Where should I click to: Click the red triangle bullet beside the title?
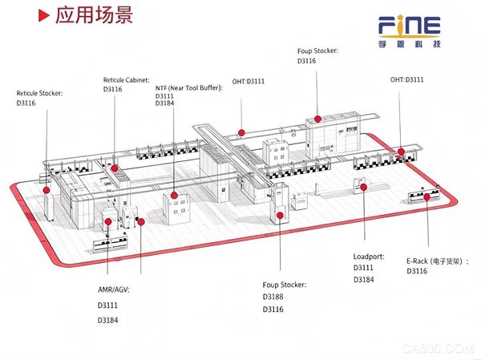pyautogui.click(x=43, y=15)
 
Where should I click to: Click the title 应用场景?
pyautogui.click(x=94, y=14)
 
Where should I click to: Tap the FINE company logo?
pyautogui.click(x=409, y=31)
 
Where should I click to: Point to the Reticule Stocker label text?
pyautogui.click(x=39, y=93)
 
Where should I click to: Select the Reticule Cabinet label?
pyautogui.click(x=127, y=80)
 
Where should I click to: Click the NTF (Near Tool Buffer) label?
pyautogui.click(x=189, y=88)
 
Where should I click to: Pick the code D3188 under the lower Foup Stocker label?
pyautogui.click(x=273, y=297)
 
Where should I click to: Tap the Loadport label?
pyautogui.click(x=369, y=257)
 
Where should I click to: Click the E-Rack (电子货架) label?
pyautogui.click(x=438, y=261)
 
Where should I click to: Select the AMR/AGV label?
pyautogui.click(x=114, y=289)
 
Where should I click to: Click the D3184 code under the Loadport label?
pyautogui.click(x=364, y=280)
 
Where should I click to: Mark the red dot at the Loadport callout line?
pyautogui.click(x=363, y=187)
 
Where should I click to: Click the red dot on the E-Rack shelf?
pyautogui.click(x=426, y=197)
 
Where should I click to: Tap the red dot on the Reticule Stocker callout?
pyautogui.click(x=46, y=190)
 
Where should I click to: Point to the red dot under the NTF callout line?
pyautogui.click(x=174, y=195)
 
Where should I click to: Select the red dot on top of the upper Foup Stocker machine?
pyautogui.click(x=317, y=119)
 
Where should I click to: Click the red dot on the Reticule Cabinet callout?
pyautogui.click(x=115, y=168)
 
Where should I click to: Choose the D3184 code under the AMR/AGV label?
pyautogui.click(x=108, y=321)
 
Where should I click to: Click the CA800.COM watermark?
pyautogui.click(x=439, y=349)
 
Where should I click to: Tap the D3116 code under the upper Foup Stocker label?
pyautogui.click(x=307, y=61)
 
